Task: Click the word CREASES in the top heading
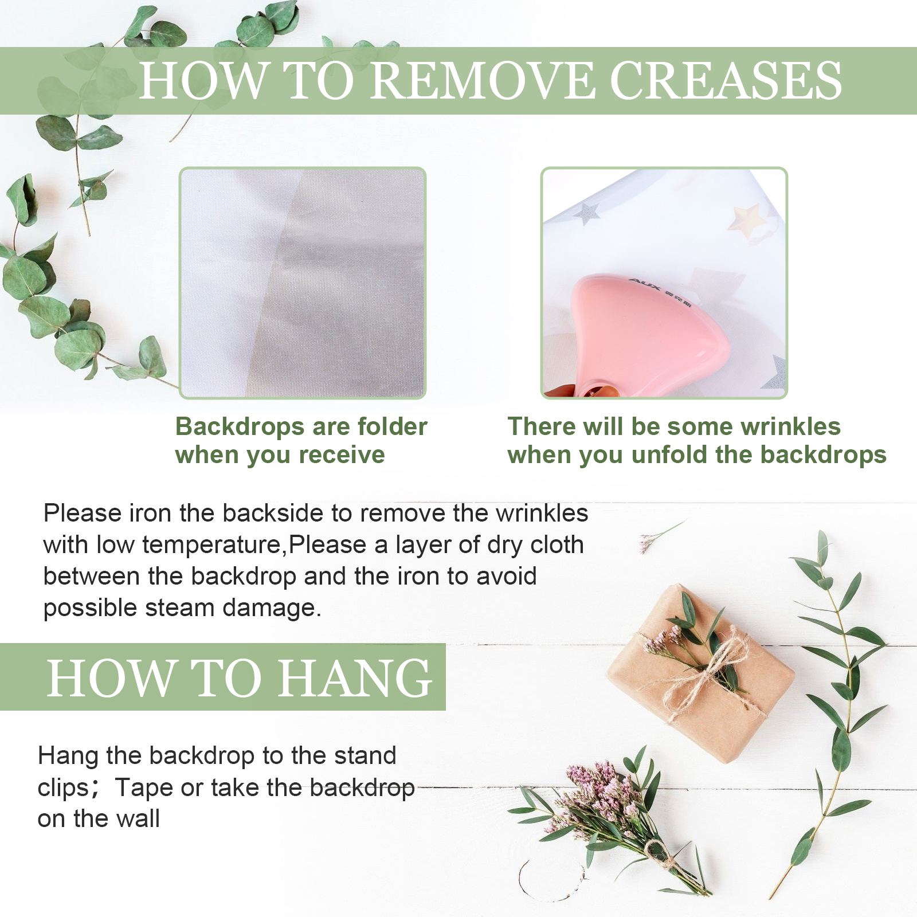click(x=726, y=80)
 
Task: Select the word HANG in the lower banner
click(x=355, y=678)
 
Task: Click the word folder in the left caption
click(x=392, y=426)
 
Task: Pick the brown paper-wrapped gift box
click(x=700, y=673)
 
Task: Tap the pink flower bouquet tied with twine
click(x=616, y=820)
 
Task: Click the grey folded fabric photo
click(x=303, y=283)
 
